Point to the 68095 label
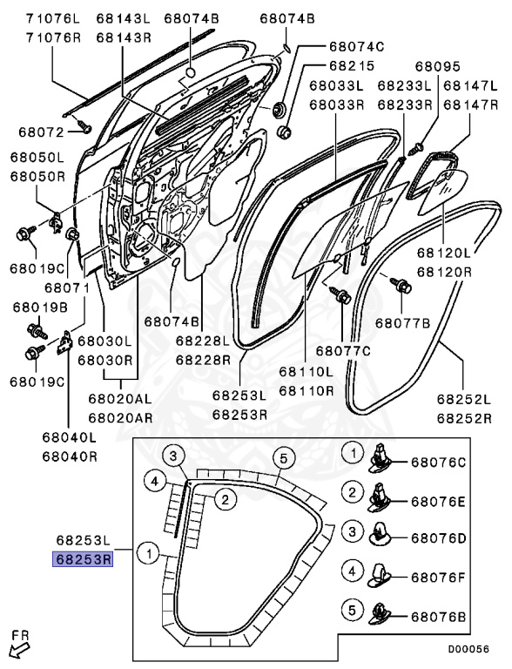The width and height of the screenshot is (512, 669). [436, 64]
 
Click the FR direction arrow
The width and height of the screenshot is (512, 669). [17, 645]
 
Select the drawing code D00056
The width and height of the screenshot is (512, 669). [469, 648]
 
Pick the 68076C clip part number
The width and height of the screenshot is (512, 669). [439, 461]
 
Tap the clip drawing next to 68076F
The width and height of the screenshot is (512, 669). [383, 574]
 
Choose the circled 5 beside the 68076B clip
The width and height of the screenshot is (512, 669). [352, 608]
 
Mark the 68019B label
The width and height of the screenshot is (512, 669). [39, 307]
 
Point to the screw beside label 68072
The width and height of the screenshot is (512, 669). [84, 127]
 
